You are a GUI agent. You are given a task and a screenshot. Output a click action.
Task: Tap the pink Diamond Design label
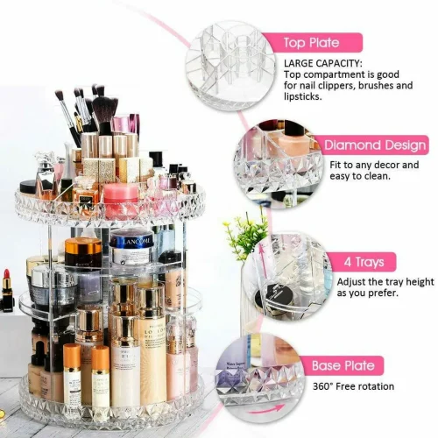pos(375,146)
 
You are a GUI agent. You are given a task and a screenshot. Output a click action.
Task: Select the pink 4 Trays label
pos(361,261)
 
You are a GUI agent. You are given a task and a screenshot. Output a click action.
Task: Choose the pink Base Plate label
pos(343,365)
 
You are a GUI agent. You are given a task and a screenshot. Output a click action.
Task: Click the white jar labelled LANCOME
pos(131,248)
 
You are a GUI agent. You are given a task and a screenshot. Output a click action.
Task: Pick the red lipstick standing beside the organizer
pos(7,291)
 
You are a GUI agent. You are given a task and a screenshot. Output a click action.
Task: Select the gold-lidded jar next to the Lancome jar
pos(84,251)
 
